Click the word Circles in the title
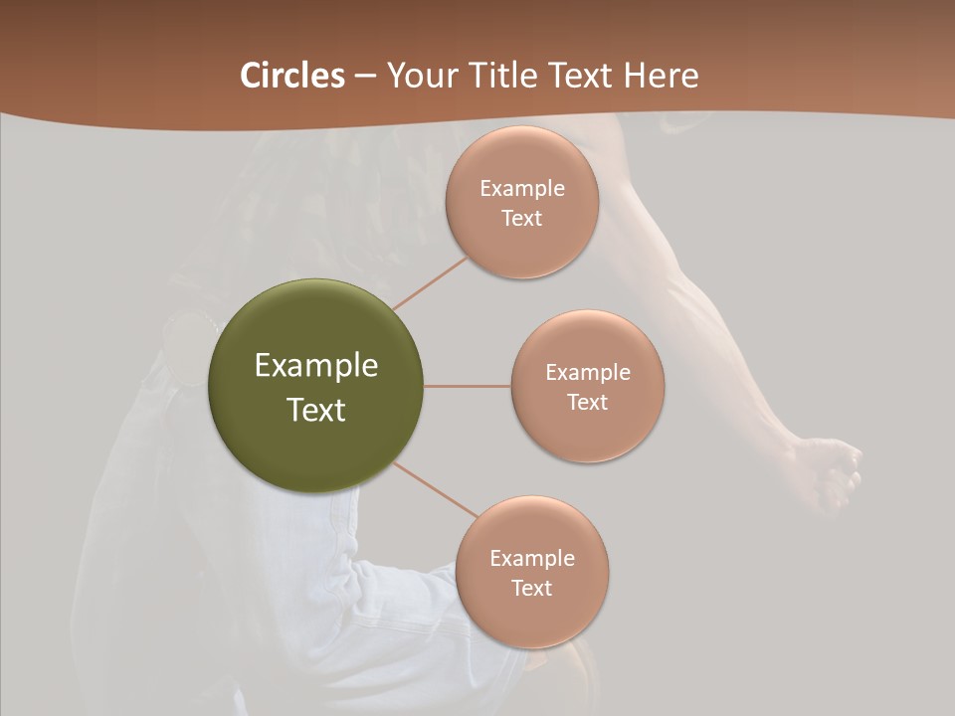coord(291,76)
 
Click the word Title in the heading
coord(489,76)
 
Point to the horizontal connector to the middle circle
coord(468,386)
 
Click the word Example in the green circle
coord(315,366)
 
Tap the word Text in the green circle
coord(315,410)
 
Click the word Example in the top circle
coord(521,189)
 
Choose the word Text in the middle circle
coord(587,402)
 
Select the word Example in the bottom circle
coord(531,559)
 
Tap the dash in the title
coord(364,76)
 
